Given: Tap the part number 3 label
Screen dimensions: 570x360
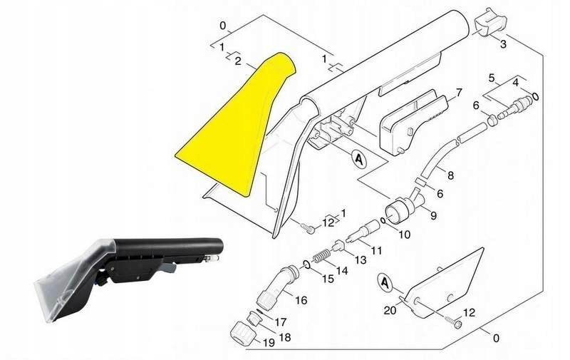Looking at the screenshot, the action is (x=503, y=44).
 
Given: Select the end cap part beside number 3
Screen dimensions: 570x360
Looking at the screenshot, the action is (x=490, y=23).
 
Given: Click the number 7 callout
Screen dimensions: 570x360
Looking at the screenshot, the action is (x=459, y=93).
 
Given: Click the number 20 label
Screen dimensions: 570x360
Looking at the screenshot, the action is (x=390, y=310).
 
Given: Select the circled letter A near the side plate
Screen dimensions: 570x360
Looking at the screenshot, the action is (x=384, y=282).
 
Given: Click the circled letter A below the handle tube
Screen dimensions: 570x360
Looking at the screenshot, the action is (x=359, y=159).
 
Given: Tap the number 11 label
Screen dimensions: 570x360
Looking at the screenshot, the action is (x=376, y=250).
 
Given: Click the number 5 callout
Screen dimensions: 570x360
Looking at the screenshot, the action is (x=492, y=78).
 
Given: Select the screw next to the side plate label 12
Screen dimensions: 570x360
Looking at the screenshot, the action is (x=453, y=320).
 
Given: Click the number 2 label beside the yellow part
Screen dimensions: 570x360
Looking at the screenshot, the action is (x=238, y=61).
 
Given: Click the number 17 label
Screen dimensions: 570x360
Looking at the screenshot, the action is (x=280, y=322).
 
